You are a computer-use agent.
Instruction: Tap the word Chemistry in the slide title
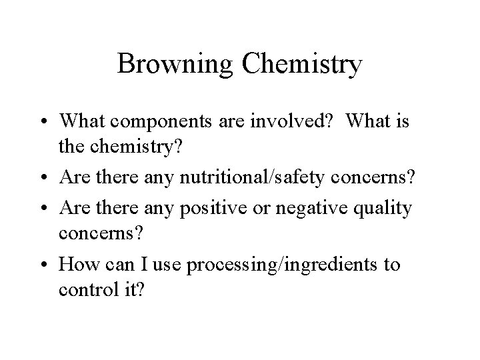(x=303, y=65)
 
